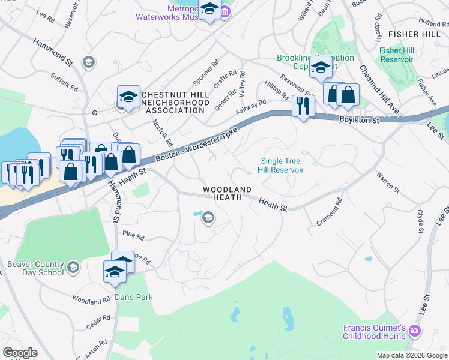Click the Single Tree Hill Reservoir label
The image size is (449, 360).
[x=282, y=166]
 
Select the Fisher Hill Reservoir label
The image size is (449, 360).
[x=396, y=55]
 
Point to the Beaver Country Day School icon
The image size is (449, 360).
[x=73, y=267]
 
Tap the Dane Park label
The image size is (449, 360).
[x=134, y=297]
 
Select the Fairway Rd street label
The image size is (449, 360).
[x=251, y=108]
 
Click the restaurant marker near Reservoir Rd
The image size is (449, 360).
[x=303, y=107]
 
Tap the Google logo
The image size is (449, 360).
[x=20, y=353]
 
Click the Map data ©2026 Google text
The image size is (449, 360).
[x=412, y=355]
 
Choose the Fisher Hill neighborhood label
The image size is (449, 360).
[x=414, y=34]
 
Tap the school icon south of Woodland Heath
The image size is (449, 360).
[x=208, y=218]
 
